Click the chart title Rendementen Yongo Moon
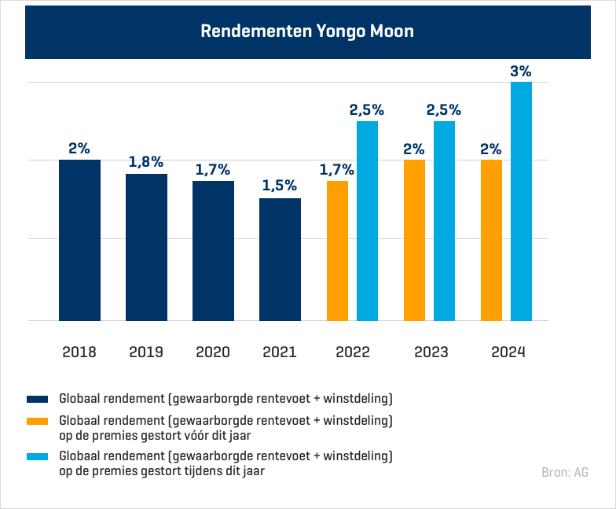pyautogui.click(x=307, y=31)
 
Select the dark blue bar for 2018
pyautogui.click(x=79, y=240)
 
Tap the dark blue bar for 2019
pyautogui.click(x=146, y=247)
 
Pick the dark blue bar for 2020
pyautogui.click(x=213, y=251)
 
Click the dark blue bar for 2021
pyautogui.click(x=280, y=260)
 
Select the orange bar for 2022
pyautogui.click(x=337, y=251)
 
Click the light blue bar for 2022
pyautogui.click(x=367, y=221)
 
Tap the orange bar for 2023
pyautogui.click(x=414, y=240)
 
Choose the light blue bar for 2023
pyautogui.click(x=444, y=221)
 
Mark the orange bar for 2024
pyautogui.click(x=491, y=240)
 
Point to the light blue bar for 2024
pyautogui.click(x=521, y=201)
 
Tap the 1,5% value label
pyautogui.click(x=280, y=186)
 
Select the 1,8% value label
pyautogui.click(x=146, y=162)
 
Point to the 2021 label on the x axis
pyautogui.click(x=280, y=352)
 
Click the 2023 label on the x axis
pyautogui.click(x=431, y=352)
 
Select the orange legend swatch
pyautogui.click(x=38, y=421)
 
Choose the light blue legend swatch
pyautogui.click(x=38, y=456)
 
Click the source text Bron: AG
pyautogui.click(x=564, y=472)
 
